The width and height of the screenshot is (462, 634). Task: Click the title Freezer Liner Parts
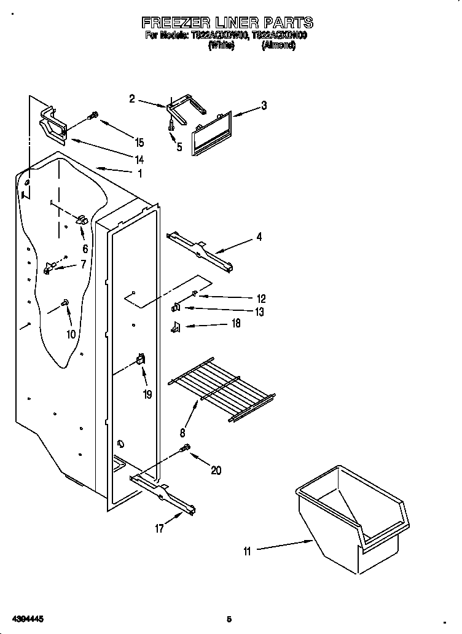[x=227, y=23]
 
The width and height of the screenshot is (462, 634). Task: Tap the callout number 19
[x=147, y=394]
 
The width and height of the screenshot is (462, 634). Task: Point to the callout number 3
[x=264, y=105]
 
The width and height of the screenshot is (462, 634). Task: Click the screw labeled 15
[x=94, y=115]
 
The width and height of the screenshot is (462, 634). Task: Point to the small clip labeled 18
[x=175, y=327]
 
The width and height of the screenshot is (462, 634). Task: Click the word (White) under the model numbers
[x=221, y=45]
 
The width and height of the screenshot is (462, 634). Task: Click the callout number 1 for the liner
[x=139, y=173]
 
